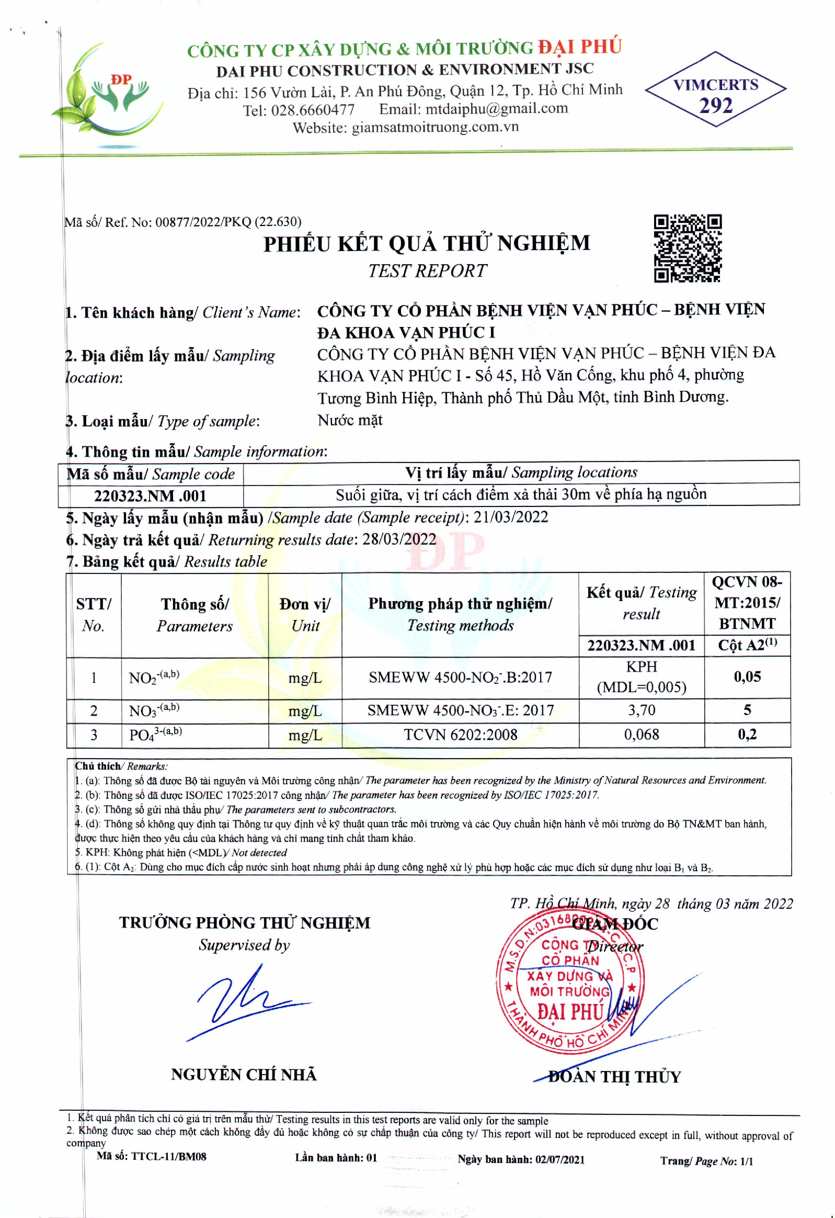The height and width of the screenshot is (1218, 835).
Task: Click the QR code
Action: [x=687, y=249]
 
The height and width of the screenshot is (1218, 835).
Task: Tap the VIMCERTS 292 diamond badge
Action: [x=716, y=89]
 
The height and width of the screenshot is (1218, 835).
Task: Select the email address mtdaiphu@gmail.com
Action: [x=497, y=108]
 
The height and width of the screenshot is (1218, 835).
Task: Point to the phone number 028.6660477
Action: [x=313, y=110]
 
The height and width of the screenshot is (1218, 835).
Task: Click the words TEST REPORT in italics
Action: [x=427, y=271]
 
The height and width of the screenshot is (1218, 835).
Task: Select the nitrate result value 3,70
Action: [x=641, y=710]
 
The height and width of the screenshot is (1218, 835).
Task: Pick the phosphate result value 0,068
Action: [x=641, y=734]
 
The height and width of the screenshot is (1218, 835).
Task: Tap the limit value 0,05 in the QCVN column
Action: [x=747, y=676]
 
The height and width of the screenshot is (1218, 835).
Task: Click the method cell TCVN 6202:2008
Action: [x=460, y=735]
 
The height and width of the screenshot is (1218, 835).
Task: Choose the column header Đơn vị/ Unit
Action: [x=305, y=614]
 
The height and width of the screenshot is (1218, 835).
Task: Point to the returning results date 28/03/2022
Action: [x=399, y=539]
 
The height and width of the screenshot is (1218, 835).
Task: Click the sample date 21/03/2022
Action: [x=511, y=517]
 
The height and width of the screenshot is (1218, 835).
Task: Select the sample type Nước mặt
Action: [x=350, y=420]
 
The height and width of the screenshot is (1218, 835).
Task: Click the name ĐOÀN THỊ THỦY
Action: [x=614, y=1077]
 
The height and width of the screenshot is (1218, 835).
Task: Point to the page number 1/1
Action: [x=746, y=1161]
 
